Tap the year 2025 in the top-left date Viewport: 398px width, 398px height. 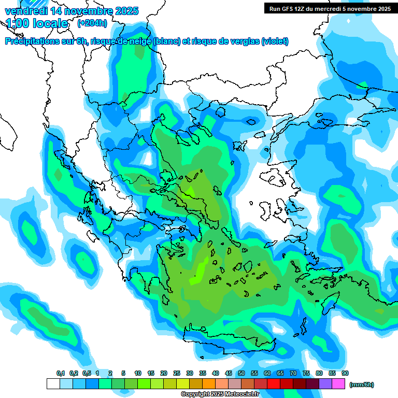126,11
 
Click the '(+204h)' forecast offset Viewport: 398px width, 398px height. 92,23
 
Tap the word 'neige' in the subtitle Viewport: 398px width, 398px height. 140,41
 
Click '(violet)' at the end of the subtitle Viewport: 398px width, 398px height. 275,41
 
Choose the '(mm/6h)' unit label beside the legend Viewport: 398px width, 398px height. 362,385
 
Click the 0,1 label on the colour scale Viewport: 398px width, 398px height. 60,374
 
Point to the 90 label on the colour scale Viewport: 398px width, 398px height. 345,374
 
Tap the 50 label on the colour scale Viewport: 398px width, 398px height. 241,374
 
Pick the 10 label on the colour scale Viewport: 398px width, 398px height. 138,374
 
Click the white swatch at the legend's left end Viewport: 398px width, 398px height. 53,384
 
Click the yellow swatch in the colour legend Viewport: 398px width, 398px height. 183,384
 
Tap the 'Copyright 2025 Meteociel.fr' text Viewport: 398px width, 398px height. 220,394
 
